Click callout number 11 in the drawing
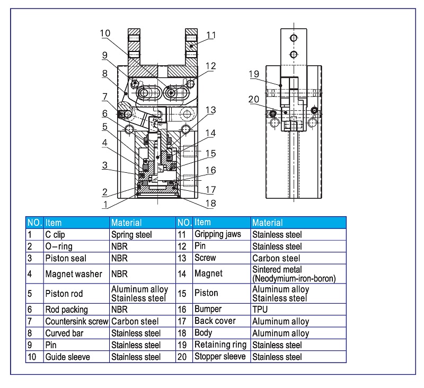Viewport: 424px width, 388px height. click(x=211, y=36)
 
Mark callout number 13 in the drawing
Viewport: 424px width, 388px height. click(x=211, y=110)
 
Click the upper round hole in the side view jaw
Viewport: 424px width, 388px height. click(x=293, y=38)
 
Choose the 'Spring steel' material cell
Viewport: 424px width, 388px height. click(x=131, y=234)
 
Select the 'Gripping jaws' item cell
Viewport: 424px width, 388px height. click(x=217, y=234)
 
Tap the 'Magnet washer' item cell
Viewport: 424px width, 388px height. click(x=69, y=274)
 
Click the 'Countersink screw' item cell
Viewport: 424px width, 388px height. click(x=76, y=321)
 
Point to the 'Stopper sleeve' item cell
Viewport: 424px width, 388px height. click(x=219, y=357)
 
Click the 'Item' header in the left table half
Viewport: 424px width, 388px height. click(x=54, y=223)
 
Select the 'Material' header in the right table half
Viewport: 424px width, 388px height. click(x=267, y=223)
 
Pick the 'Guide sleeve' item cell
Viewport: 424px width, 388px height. click(x=67, y=357)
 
